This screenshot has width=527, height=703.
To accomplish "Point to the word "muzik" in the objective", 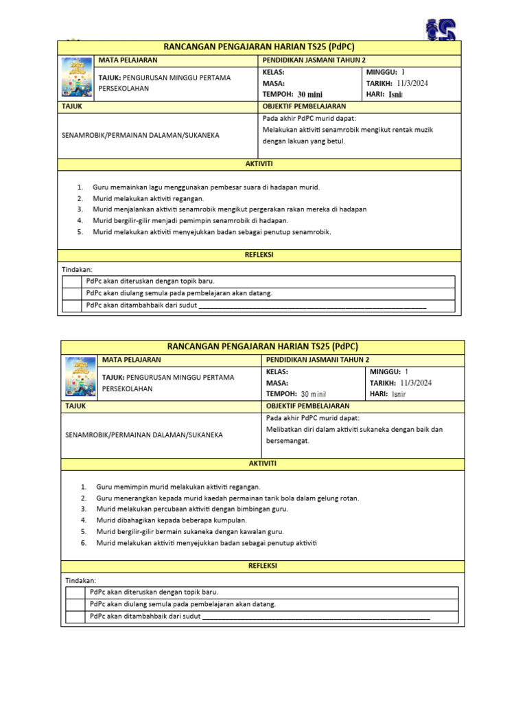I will [422, 129].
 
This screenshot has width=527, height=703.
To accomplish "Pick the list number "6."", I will [83, 543].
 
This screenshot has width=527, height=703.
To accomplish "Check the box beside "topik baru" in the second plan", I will [75, 592].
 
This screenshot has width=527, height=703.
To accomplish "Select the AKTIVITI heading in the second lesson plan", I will [263, 463].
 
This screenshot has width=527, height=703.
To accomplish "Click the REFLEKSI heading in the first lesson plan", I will [259, 254].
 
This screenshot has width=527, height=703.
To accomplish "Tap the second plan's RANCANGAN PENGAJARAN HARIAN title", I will [263, 347].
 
